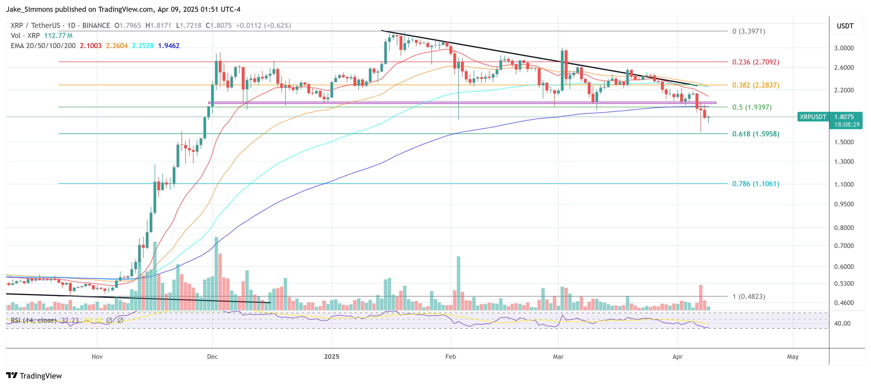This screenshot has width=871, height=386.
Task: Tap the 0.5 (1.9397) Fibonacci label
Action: tap(752, 107)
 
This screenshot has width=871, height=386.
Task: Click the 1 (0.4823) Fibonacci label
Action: tap(749, 297)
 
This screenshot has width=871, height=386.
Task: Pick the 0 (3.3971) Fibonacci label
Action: tap(749, 31)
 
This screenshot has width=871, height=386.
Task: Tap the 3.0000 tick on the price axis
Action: tap(844, 48)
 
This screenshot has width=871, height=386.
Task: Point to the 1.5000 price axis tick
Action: tap(844, 142)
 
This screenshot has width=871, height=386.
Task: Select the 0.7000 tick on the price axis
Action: tap(844, 246)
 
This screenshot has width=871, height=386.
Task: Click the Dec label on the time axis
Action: tap(212, 357)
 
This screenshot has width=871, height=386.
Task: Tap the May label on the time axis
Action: tap(792, 357)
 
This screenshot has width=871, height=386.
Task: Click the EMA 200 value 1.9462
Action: tap(169, 46)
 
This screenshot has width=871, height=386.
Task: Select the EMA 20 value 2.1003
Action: tap(91, 46)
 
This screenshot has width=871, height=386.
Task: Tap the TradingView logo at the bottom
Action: tap(34, 376)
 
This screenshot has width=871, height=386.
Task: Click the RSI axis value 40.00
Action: tap(842, 323)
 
